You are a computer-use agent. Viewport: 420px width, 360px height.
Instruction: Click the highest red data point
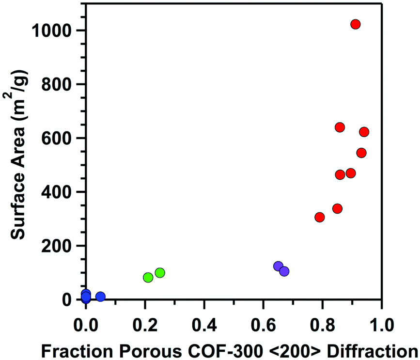(x=356, y=24)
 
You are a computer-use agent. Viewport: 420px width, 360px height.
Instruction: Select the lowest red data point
(x=320, y=217)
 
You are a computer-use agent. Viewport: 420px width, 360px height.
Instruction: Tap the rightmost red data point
(x=364, y=132)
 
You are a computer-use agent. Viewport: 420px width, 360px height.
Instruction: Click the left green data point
(x=148, y=278)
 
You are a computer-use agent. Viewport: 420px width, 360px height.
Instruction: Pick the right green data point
(x=160, y=273)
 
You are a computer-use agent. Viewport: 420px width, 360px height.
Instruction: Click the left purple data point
(x=278, y=266)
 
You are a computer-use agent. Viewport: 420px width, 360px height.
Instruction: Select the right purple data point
(x=284, y=271)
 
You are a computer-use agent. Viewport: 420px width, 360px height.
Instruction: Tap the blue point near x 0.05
(x=100, y=297)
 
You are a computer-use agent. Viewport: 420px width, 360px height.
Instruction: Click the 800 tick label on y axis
(x=57, y=84)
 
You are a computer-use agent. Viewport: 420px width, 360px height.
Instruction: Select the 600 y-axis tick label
(x=57, y=138)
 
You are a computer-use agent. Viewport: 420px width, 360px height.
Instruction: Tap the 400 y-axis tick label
(x=57, y=192)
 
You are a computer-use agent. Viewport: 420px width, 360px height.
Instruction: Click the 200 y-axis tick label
(x=57, y=246)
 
